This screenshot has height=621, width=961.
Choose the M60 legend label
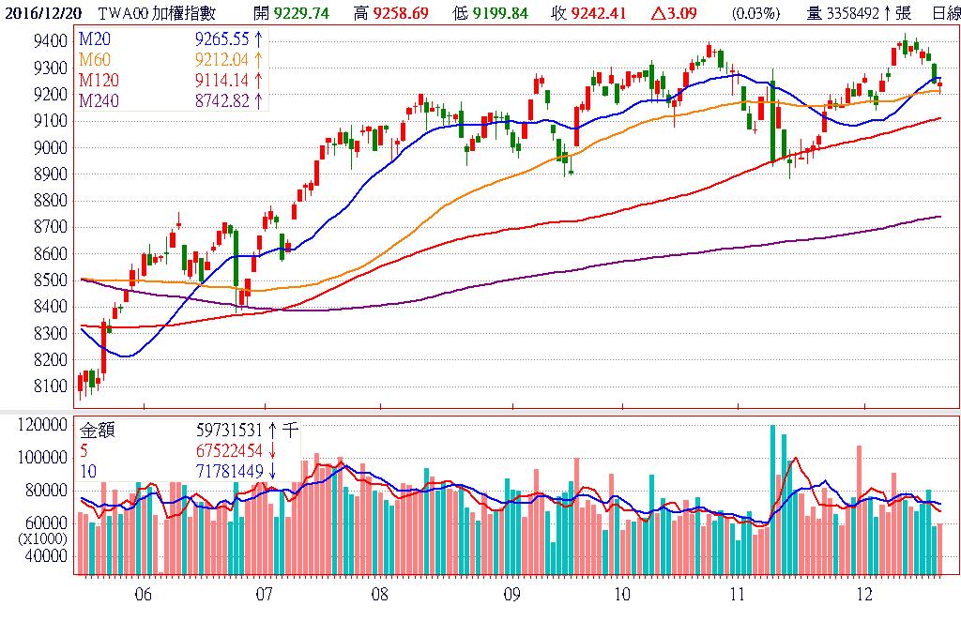pos(93,58)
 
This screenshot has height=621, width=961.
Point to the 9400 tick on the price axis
pos(48,41)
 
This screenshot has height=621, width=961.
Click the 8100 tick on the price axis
pos(48,386)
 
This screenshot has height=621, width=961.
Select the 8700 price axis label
pos(48,227)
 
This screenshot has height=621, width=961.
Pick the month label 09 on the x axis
pos(511,594)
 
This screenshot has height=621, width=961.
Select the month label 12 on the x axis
pos(864,594)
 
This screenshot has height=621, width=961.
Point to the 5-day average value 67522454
pos(230,451)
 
